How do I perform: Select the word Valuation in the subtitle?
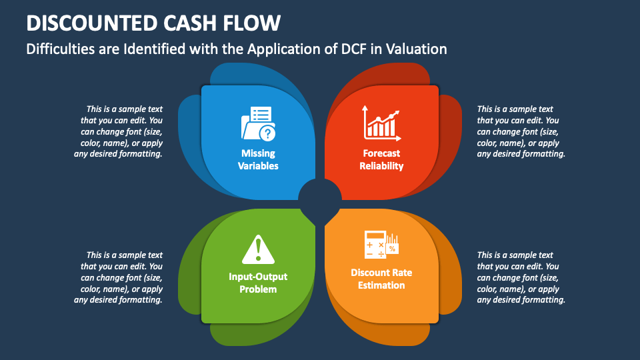click(x=417, y=49)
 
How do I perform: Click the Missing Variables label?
click(x=258, y=159)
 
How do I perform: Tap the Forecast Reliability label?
click(x=381, y=159)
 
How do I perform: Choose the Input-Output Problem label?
click(x=257, y=283)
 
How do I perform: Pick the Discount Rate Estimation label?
click(x=381, y=279)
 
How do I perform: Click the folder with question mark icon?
click(x=257, y=124)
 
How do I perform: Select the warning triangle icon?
click(x=257, y=249)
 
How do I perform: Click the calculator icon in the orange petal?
click(x=375, y=245)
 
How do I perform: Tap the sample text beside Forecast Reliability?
click(x=521, y=131)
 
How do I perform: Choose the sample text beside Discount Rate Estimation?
click(x=521, y=277)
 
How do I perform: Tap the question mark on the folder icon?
click(x=267, y=133)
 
